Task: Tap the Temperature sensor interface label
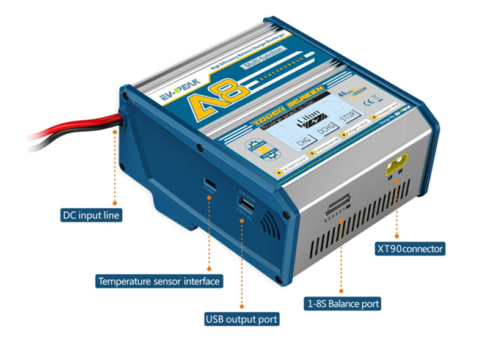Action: (x=159, y=281)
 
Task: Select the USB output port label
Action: (x=241, y=319)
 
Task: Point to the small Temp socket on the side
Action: (x=209, y=183)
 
